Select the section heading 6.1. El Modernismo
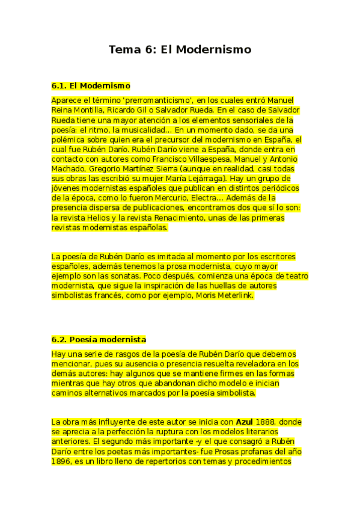(91, 86)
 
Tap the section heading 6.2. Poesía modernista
(99, 340)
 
